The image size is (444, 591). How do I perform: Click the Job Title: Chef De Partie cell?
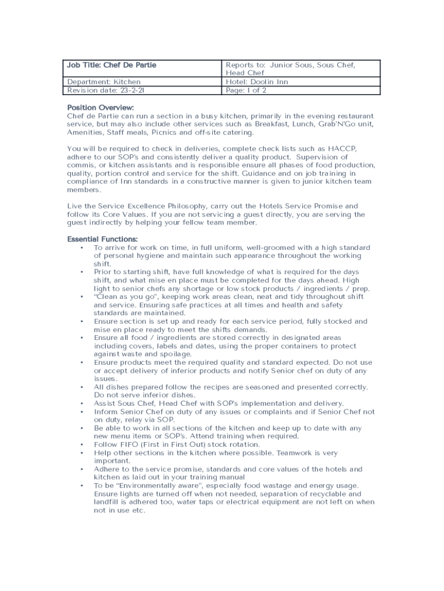[x=112, y=65]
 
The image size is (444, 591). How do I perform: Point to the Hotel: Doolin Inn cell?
[x=257, y=82]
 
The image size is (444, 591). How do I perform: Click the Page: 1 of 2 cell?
[x=246, y=91]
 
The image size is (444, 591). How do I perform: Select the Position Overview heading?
[x=100, y=108]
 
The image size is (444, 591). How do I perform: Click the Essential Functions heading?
[x=103, y=239]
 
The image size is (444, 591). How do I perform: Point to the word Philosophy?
[x=178, y=206]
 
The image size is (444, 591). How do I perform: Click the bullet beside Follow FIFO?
[x=82, y=444]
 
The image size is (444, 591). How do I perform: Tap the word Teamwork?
[x=295, y=453]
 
